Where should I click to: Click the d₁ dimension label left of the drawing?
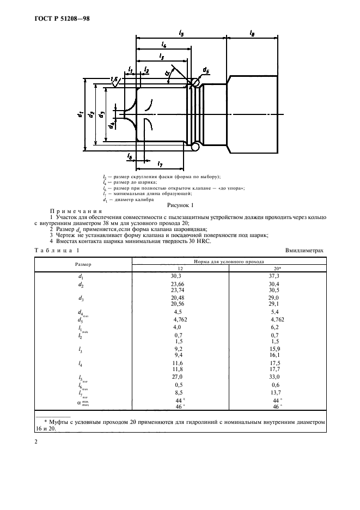(80, 115)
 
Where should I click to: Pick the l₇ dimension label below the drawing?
(160, 163)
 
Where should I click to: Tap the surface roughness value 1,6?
(114, 80)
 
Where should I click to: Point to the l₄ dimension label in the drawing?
(164, 45)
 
